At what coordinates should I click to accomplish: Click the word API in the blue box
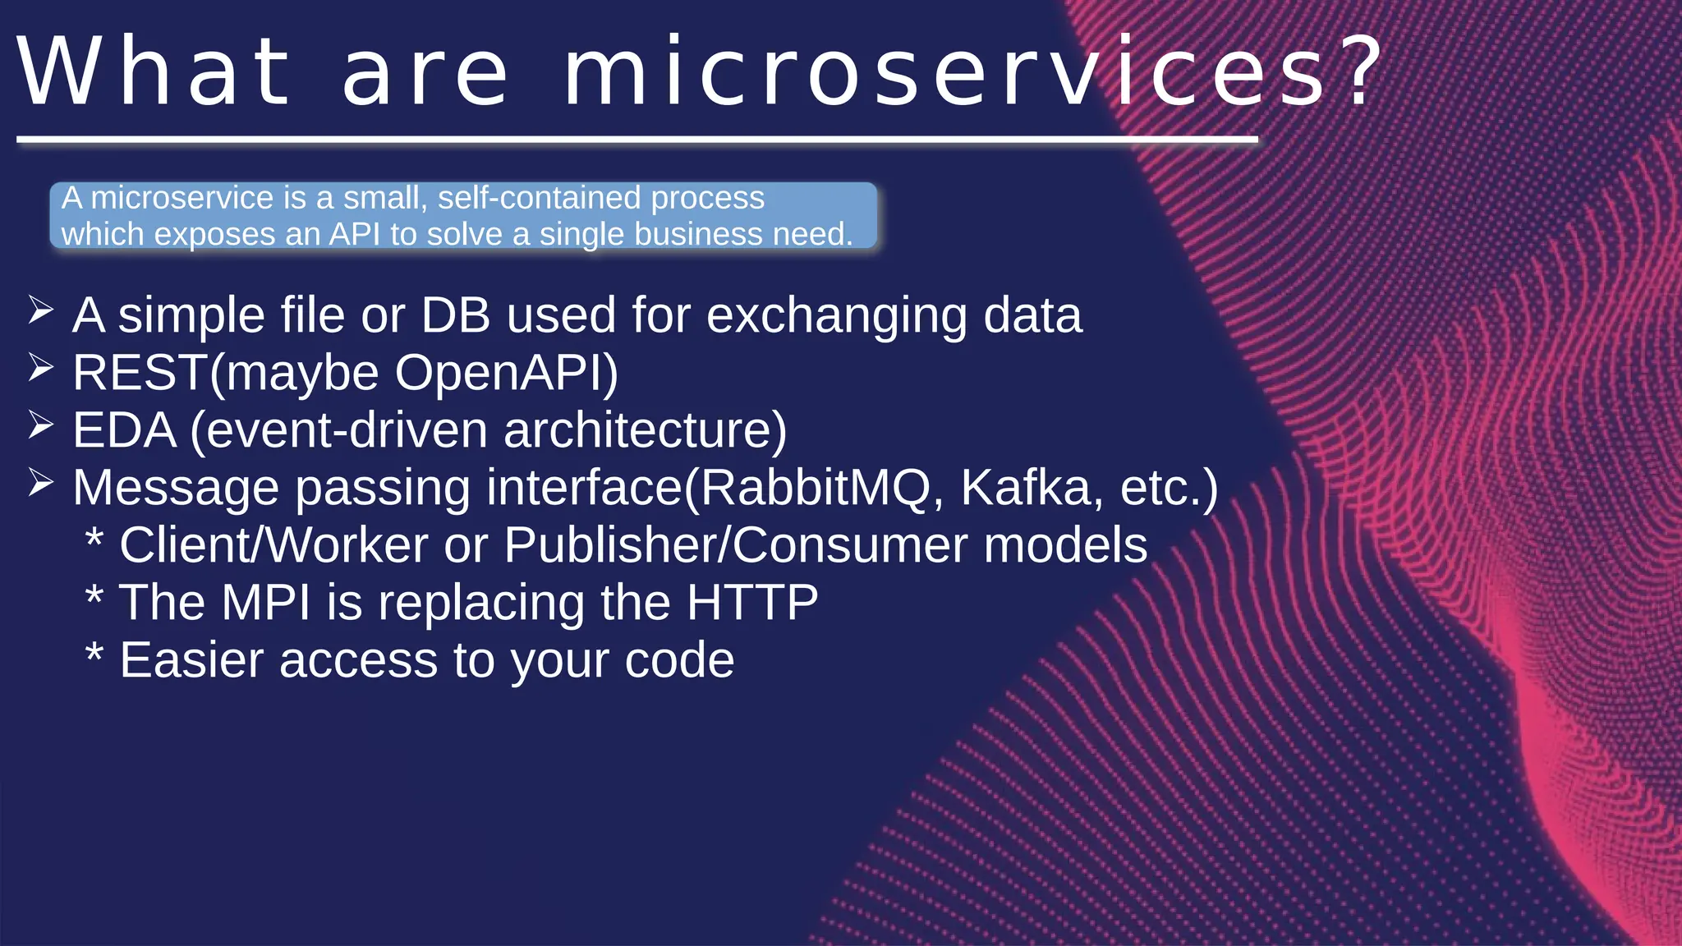click(355, 235)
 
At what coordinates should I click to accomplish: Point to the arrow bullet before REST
click(40, 368)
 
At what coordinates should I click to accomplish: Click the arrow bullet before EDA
click(40, 425)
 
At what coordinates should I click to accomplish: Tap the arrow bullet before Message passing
click(40, 483)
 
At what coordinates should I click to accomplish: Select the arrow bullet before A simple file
click(40, 310)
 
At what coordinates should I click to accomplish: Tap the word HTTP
click(752, 603)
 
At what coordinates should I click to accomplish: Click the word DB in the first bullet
click(456, 316)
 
